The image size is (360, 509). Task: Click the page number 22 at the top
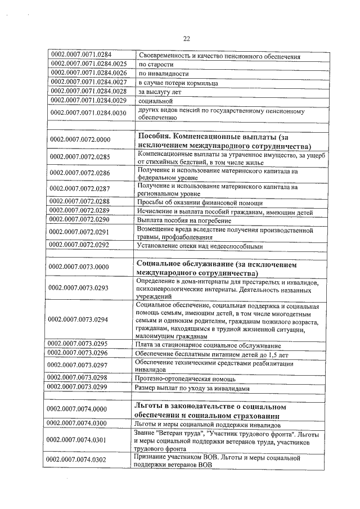(x=187, y=39)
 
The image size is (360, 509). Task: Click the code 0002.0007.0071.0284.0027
(x=89, y=83)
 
